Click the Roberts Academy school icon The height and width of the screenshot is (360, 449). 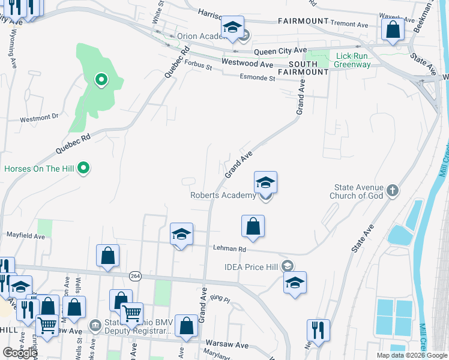pyautogui.click(x=265, y=182)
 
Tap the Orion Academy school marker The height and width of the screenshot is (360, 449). pyautogui.click(x=232, y=28)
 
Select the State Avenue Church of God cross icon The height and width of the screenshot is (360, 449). pyautogui.click(x=392, y=191)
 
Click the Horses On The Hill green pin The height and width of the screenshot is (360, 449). pyautogui.click(x=85, y=169)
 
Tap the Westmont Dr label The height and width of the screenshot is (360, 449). pyautogui.click(x=39, y=119)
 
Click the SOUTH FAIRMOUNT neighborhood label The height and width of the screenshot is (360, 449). pyautogui.click(x=309, y=68)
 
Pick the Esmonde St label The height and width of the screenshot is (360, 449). pyautogui.click(x=257, y=77)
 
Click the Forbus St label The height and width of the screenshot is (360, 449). pyautogui.click(x=199, y=67)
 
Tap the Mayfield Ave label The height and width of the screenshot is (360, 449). pyautogui.click(x=26, y=236)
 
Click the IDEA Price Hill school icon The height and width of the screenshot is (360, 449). pyautogui.click(x=288, y=266)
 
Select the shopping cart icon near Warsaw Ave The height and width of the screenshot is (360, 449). pyautogui.click(x=131, y=313)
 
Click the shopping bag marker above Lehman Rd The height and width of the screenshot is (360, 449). pyautogui.click(x=253, y=226)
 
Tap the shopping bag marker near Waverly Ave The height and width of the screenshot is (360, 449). pyautogui.click(x=393, y=29)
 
